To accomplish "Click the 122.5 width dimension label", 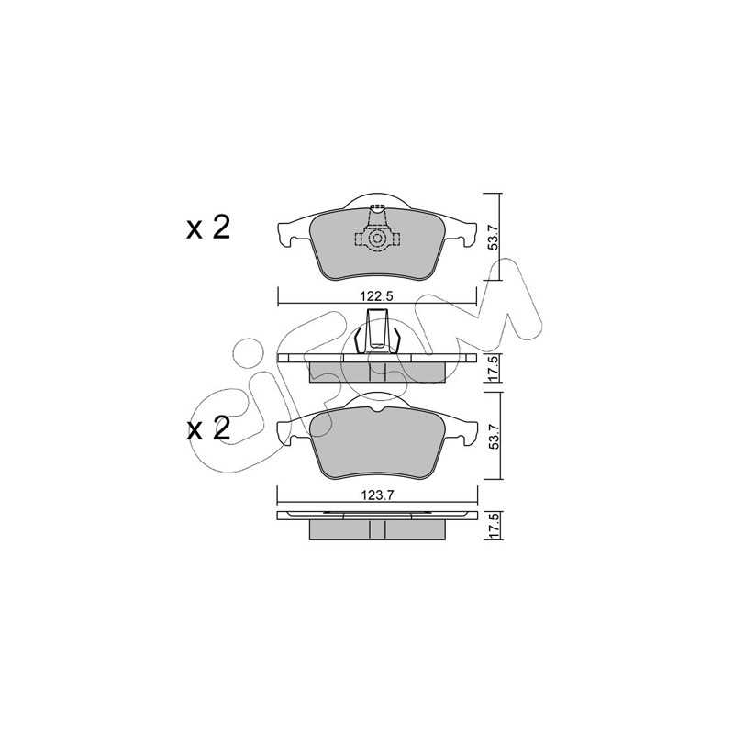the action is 377,296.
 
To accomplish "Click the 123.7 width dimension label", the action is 377,495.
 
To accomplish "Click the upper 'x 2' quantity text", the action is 208,228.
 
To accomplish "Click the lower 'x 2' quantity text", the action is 208,428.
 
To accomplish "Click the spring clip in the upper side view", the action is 377,331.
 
